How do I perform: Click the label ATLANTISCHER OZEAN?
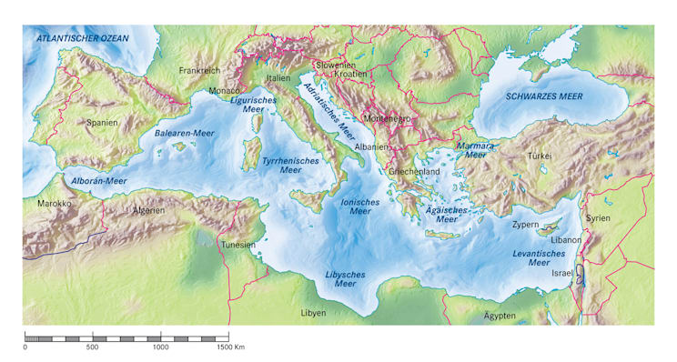tap(82, 38)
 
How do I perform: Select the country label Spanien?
tap(103, 121)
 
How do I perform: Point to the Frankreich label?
tap(200, 70)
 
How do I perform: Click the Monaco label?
tap(224, 91)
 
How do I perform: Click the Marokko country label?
tap(54, 204)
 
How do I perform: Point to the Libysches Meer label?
tap(345, 278)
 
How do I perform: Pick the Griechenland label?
tap(415, 171)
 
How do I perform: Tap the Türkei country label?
tap(539, 156)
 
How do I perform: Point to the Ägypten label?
tap(499, 316)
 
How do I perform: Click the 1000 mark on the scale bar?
tap(161, 347)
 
